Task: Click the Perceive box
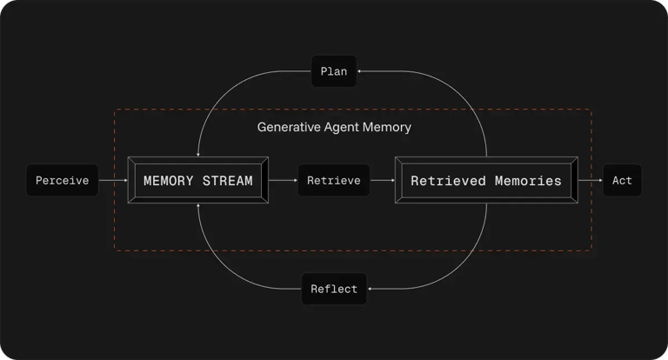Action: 62,181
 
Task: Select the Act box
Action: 622,181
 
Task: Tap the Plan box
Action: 333,71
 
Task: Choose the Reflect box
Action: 334,289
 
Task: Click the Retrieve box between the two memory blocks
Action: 334,181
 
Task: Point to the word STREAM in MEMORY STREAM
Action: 227,181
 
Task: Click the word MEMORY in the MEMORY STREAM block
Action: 169,181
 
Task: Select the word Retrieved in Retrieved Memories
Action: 448,181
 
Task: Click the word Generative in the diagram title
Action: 289,127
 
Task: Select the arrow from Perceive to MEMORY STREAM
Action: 112,181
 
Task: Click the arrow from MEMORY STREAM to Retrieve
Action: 284,181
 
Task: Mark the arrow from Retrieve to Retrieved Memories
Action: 383,181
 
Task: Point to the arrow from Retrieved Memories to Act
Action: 589,181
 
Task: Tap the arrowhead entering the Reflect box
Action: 370,289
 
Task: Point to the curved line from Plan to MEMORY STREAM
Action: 226,91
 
